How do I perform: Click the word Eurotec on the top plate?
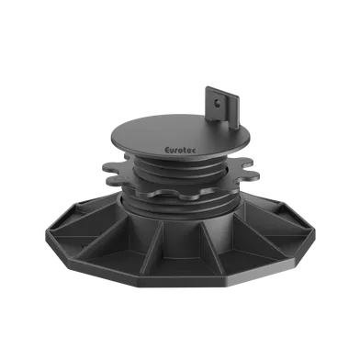(x=181, y=151)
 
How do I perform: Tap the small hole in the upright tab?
(x=217, y=103)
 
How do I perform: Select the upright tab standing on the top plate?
(x=222, y=107)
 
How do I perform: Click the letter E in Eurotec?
(x=168, y=151)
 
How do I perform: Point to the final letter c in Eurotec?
(x=195, y=151)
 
